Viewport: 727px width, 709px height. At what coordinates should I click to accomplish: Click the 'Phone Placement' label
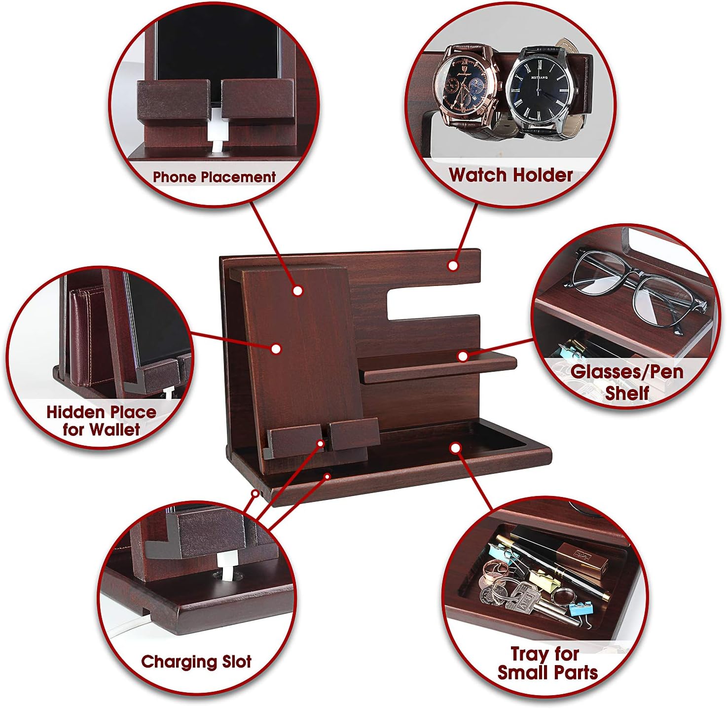[x=214, y=177]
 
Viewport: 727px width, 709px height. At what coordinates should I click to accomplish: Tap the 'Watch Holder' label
[x=510, y=175]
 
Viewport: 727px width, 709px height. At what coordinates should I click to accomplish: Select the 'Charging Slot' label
[x=196, y=662]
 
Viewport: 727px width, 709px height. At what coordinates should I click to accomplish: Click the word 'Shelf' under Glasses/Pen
[x=627, y=393]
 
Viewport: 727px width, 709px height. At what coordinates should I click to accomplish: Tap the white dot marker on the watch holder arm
[x=453, y=266]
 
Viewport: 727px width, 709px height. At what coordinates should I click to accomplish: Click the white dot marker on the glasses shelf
[x=463, y=356]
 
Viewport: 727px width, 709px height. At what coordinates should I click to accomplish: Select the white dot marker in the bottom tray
[x=455, y=448]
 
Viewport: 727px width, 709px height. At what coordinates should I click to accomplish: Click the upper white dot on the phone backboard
[x=297, y=290]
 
